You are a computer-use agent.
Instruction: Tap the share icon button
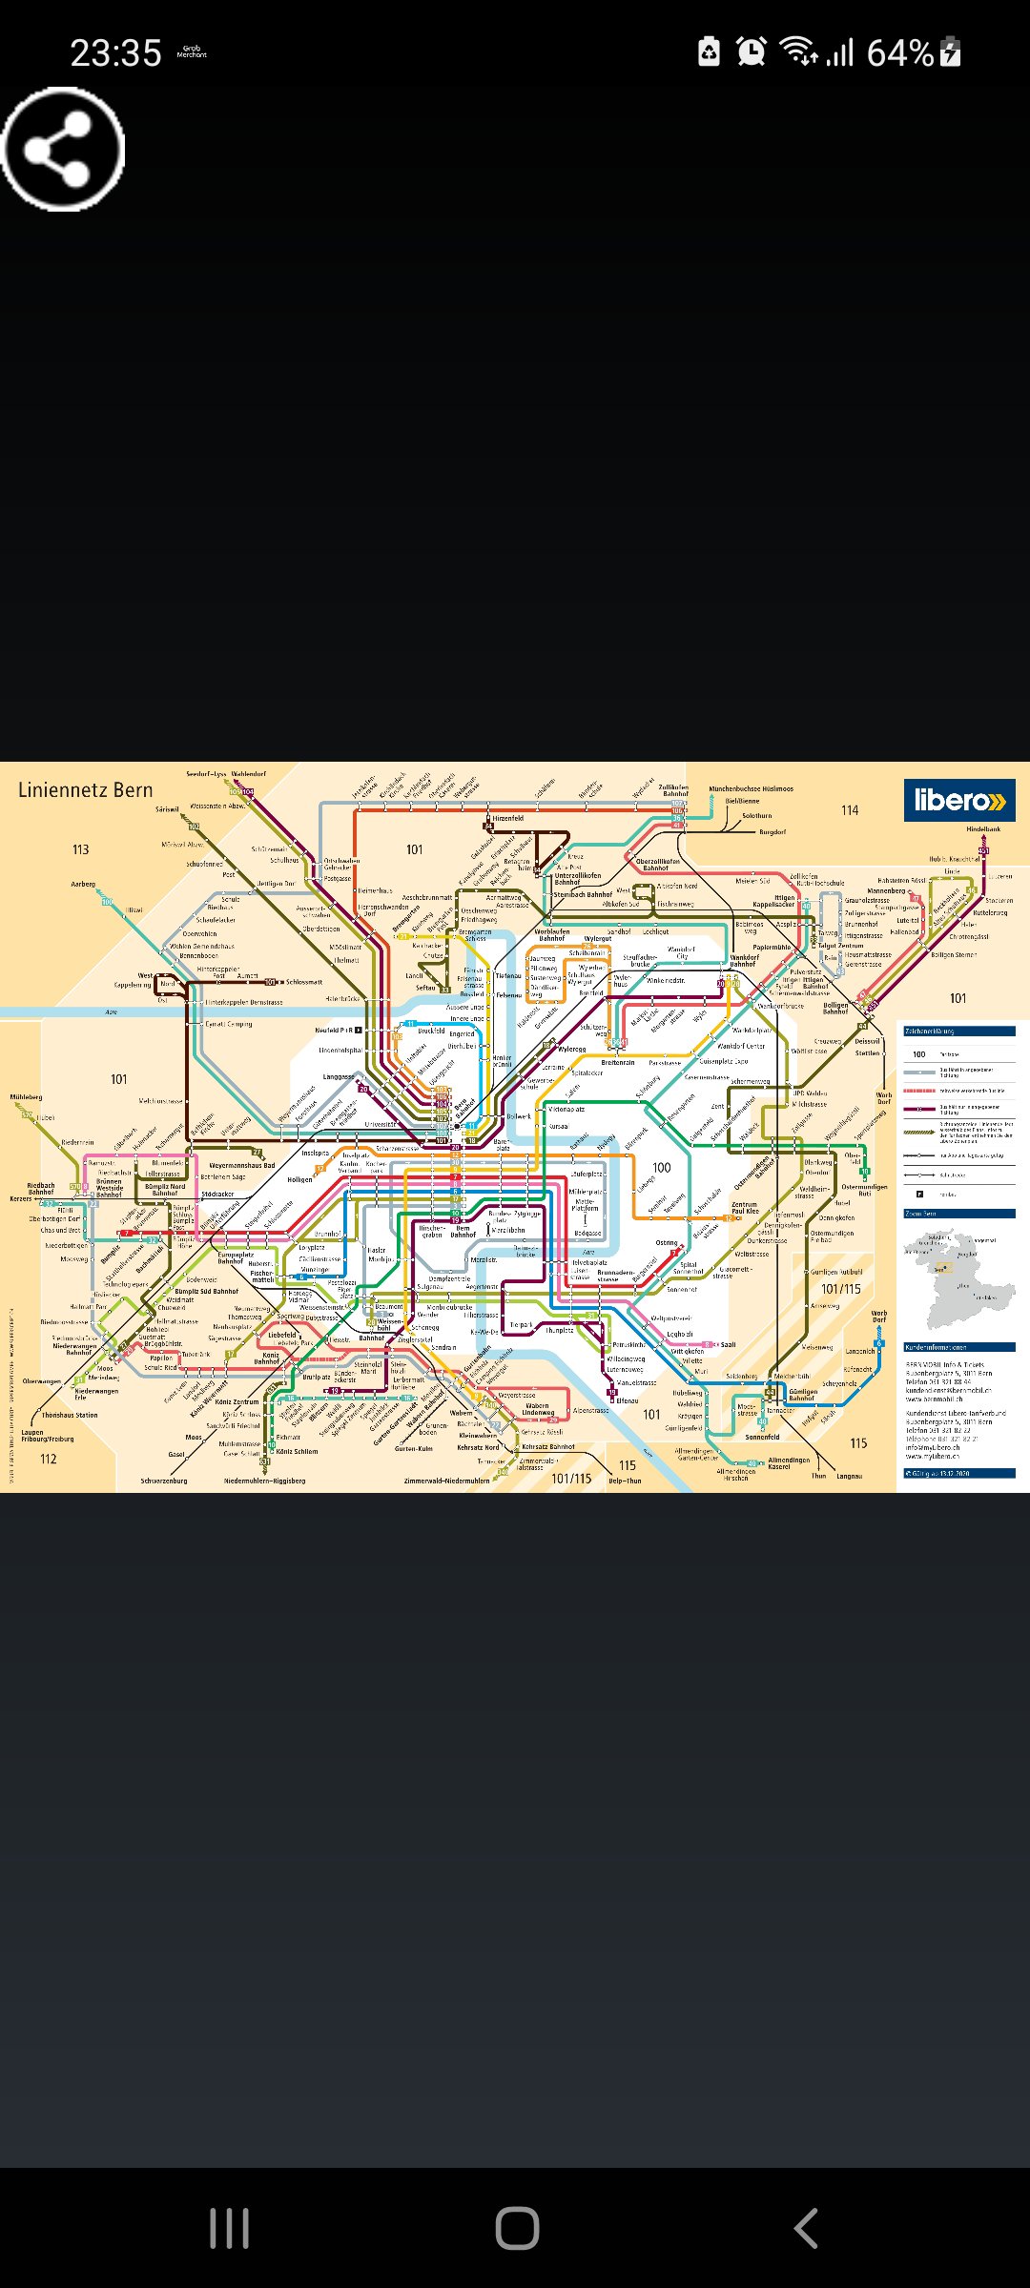click(x=63, y=149)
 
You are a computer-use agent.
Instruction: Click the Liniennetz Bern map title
click(x=85, y=789)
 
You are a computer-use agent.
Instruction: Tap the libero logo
click(x=958, y=800)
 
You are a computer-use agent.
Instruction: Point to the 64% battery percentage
click(x=899, y=52)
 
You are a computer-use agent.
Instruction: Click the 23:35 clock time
click(x=115, y=53)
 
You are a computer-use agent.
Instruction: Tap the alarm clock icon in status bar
click(x=752, y=51)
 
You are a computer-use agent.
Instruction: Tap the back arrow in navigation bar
click(x=806, y=2228)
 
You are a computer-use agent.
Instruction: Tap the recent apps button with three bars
click(x=229, y=2228)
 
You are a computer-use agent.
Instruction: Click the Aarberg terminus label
click(x=83, y=884)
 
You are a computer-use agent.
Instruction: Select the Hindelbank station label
click(x=983, y=828)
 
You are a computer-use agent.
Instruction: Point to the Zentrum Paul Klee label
click(x=745, y=1207)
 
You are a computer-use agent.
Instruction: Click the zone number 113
click(x=80, y=848)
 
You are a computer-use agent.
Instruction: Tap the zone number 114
click(x=849, y=809)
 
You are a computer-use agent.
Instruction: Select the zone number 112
click(x=49, y=1459)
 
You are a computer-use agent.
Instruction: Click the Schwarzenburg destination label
click(x=164, y=1481)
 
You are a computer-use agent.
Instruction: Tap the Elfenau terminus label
click(x=627, y=1400)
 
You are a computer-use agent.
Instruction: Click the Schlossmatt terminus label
click(x=303, y=981)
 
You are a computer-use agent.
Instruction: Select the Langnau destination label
click(x=849, y=1476)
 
